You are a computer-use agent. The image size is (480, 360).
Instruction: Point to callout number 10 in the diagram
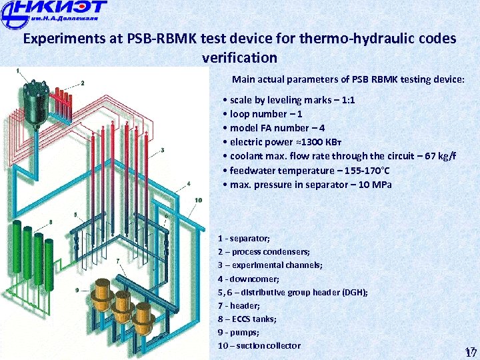click(x=198, y=200)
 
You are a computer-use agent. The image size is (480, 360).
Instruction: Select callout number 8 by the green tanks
click(x=51, y=221)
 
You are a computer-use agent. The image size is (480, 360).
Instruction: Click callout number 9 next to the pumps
click(x=77, y=290)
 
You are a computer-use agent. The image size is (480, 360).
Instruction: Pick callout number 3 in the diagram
click(x=163, y=150)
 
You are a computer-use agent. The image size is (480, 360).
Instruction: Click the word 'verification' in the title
click(x=239, y=57)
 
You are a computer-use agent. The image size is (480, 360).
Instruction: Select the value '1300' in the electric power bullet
click(x=307, y=142)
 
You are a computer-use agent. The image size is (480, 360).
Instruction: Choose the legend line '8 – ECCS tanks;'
click(x=247, y=319)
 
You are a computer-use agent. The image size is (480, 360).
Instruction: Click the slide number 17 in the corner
click(x=471, y=353)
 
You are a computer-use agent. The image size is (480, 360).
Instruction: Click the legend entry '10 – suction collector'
click(x=259, y=345)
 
